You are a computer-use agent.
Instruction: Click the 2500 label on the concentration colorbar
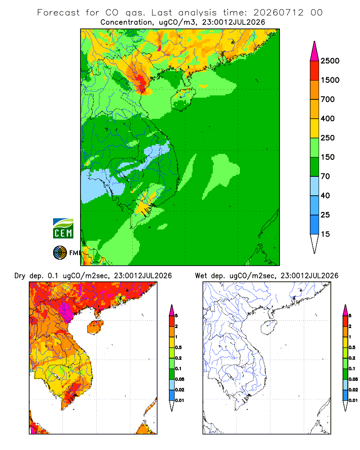coord(330,61)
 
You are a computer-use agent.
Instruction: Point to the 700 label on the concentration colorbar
coord(328,99)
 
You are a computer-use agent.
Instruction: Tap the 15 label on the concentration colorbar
coord(325,234)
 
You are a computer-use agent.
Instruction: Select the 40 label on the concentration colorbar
coord(325,196)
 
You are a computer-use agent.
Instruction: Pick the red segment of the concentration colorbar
coord(315,71)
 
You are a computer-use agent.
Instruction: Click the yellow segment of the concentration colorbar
coord(315,128)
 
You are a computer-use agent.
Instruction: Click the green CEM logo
coord(63,229)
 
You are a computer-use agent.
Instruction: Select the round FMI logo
coord(60,253)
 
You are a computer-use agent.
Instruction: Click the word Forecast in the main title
coord(58,13)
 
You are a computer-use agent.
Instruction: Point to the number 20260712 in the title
coord(278,13)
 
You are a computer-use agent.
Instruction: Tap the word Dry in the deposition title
coord(20,276)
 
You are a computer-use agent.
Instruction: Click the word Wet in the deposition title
coord(201,276)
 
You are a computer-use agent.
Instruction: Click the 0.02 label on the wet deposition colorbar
coord(353,390)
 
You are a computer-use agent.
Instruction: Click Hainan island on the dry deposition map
coord(95,328)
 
